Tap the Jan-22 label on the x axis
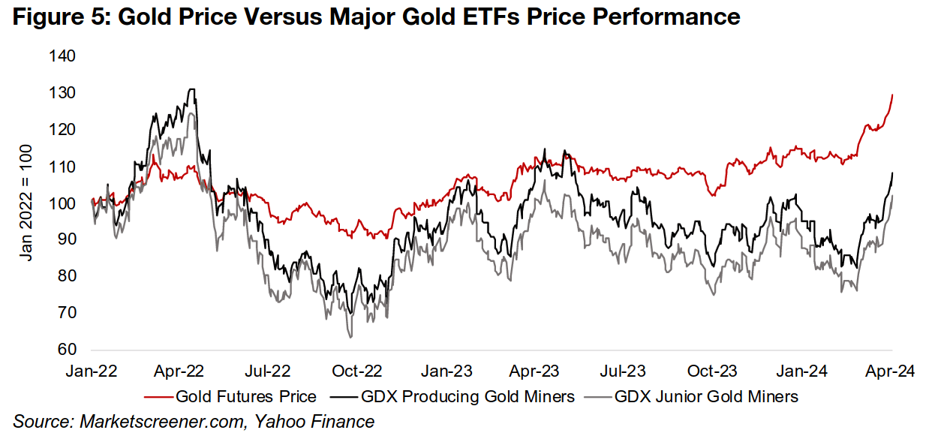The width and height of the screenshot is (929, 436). tap(92, 370)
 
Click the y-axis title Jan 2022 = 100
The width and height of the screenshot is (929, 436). tap(27, 203)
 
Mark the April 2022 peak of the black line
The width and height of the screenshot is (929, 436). tap(193, 89)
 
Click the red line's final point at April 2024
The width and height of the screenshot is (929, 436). tap(891, 95)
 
